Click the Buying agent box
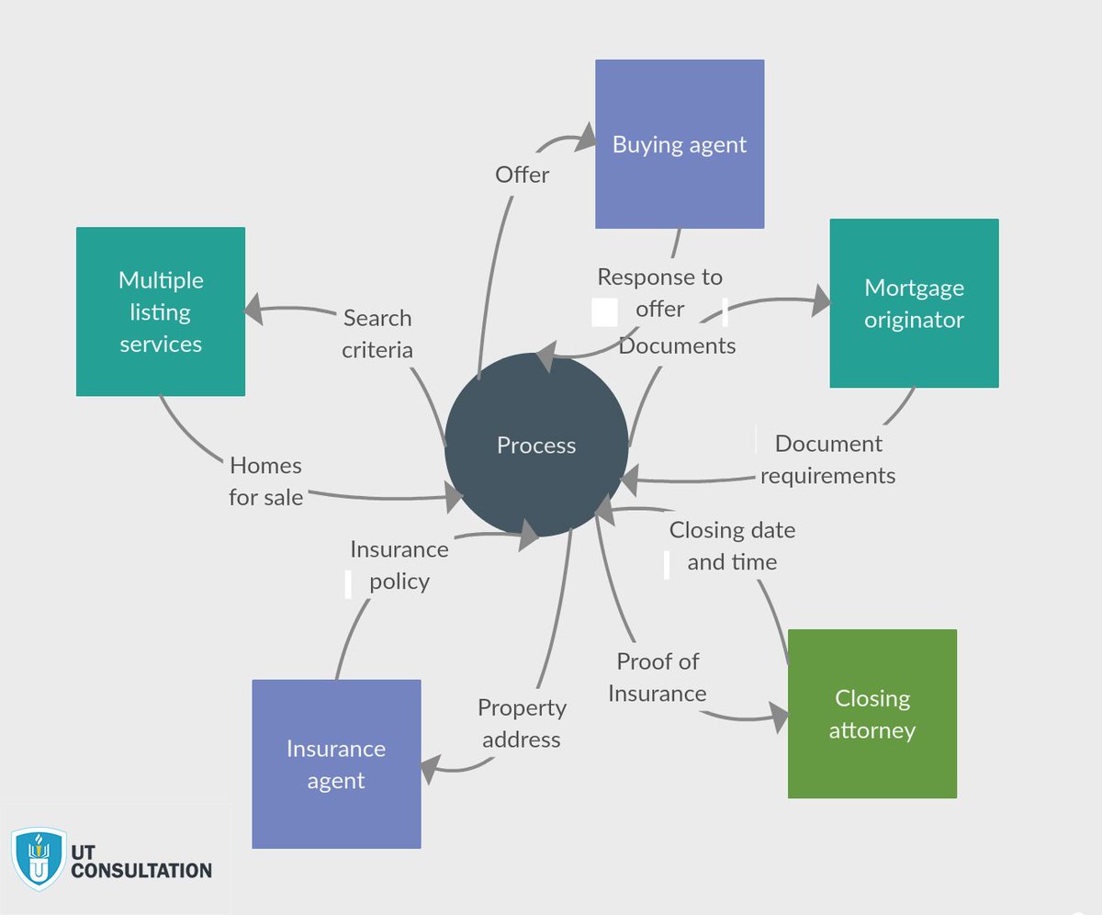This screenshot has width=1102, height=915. pyautogui.click(x=680, y=144)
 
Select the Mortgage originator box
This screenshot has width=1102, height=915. pyautogui.click(x=914, y=303)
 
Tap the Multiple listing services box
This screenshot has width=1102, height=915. pyautogui.click(x=161, y=311)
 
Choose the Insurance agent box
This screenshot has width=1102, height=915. pyautogui.click(x=336, y=764)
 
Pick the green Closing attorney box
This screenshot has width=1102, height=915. pyautogui.click(x=872, y=714)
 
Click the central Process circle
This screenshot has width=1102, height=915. pyautogui.click(x=536, y=446)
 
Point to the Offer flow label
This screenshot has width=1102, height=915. pyautogui.click(x=522, y=175)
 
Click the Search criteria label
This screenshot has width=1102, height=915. pyautogui.click(x=377, y=333)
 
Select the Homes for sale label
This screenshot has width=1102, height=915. pyautogui.click(x=265, y=481)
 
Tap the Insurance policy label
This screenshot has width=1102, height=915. pyautogui.click(x=399, y=565)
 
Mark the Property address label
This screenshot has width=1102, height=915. pyautogui.click(x=522, y=723)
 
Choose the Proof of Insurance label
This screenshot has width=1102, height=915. pyautogui.click(x=658, y=677)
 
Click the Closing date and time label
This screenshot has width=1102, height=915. pyautogui.click(x=732, y=546)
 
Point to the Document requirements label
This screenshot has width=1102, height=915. pyautogui.click(x=828, y=459)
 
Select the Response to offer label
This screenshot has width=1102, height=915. pyautogui.click(x=659, y=292)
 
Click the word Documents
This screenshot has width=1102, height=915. pyautogui.click(x=677, y=345)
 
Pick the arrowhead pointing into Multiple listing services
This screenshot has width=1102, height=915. pyautogui.click(x=253, y=310)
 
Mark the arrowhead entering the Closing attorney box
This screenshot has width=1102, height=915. pyautogui.click(x=779, y=717)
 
